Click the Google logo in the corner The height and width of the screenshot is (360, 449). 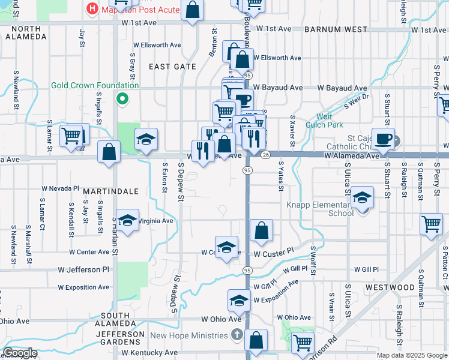pyautogui.click(x=19, y=353)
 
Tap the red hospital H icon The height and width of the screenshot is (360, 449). pyautogui.click(x=92, y=8)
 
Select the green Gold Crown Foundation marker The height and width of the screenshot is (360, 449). pyautogui.click(x=122, y=99)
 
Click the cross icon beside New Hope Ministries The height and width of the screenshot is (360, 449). pyautogui.click(x=237, y=335)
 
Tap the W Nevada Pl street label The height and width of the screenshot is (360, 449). pyautogui.click(x=61, y=188)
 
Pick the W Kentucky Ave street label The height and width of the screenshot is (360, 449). pyautogui.click(x=149, y=353)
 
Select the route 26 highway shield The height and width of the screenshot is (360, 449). pyautogui.click(x=265, y=154)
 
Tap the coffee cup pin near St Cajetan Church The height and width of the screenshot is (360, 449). pyautogui.click(x=383, y=139)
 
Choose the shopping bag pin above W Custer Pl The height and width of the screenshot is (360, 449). pyautogui.click(x=262, y=230)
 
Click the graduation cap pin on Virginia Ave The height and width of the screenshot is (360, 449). pyautogui.click(x=127, y=220)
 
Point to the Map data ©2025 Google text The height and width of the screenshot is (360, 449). pyautogui.click(x=411, y=355)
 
